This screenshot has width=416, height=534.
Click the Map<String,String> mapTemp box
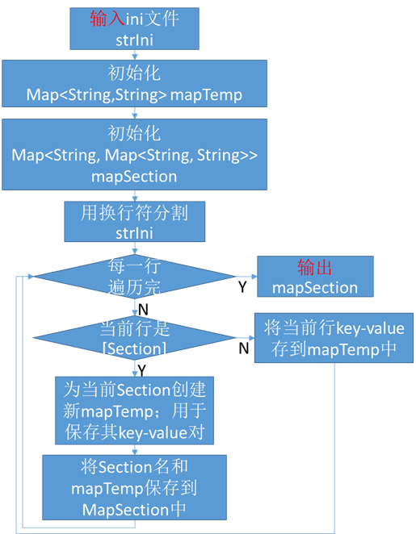134,85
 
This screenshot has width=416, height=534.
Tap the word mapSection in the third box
134,176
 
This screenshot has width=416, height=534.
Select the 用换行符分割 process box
134,222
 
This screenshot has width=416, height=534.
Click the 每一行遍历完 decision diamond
134,276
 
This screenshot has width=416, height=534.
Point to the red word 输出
315,268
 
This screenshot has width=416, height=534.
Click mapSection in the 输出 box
315,288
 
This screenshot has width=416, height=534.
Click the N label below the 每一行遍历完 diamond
143,310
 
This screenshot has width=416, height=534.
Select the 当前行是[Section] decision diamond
134,338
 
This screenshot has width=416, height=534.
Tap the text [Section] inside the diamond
134,348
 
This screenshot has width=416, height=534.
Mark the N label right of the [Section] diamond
242,348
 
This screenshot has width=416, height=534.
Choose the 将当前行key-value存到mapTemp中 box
334,338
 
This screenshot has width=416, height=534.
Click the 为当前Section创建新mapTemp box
134,411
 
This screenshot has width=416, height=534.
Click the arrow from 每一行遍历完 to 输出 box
246,276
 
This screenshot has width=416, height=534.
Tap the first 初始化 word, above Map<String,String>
134,73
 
